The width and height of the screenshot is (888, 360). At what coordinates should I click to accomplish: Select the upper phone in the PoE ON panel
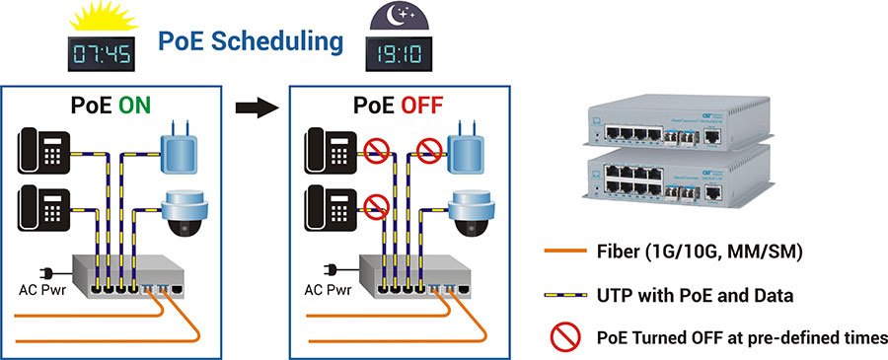(41, 152)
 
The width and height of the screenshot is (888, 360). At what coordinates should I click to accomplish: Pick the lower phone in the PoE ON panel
(41, 206)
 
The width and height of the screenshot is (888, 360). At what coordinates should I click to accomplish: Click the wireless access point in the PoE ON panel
(183, 149)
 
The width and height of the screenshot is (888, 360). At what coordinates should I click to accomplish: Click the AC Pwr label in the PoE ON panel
(45, 292)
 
